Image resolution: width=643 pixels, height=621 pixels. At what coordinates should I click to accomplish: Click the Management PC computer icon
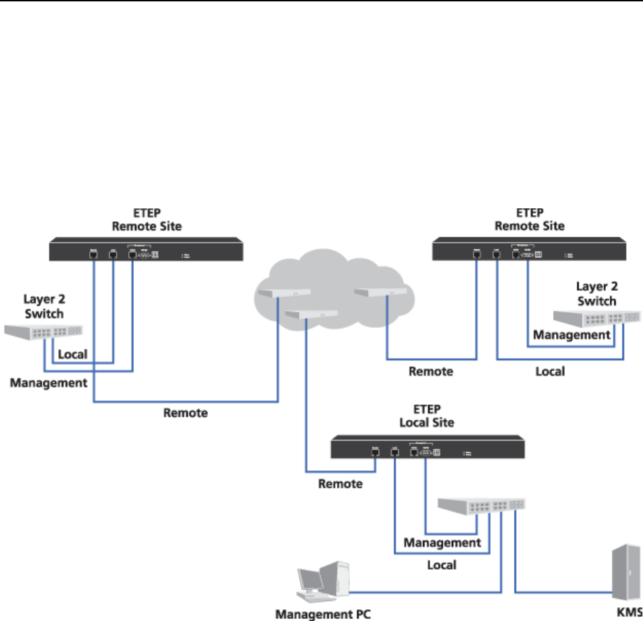pos(321,582)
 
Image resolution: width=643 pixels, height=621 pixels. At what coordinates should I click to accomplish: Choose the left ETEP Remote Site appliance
pos(147,250)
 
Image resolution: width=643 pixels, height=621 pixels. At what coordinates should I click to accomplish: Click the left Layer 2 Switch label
pos(43,306)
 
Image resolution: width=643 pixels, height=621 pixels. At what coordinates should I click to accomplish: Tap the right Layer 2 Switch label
pos(596,294)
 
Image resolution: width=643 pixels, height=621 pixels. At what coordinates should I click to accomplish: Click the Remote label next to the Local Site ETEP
pos(340,483)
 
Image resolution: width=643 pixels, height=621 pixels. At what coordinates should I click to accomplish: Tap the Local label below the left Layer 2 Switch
pos(73,356)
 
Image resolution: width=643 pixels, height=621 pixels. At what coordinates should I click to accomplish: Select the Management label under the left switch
pos(49,383)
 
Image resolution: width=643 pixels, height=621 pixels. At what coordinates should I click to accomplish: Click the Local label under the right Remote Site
pos(549,372)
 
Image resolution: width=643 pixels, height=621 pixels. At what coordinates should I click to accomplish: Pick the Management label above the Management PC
pos(442,543)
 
